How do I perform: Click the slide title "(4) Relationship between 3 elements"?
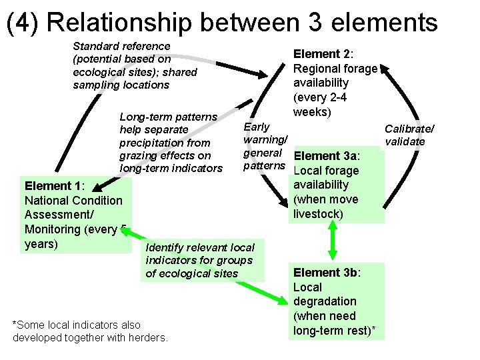click(222, 21)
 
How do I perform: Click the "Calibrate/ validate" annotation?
click(409, 135)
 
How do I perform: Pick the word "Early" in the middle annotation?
click(257, 127)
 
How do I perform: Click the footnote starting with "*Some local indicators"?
click(90, 331)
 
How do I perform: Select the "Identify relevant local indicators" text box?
click(199, 261)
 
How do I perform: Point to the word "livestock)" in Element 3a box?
click(318, 214)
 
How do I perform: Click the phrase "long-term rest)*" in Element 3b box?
click(337, 330)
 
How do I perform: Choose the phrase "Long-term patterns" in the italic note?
click(168, 117)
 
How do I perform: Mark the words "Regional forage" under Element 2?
click(335, 69)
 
